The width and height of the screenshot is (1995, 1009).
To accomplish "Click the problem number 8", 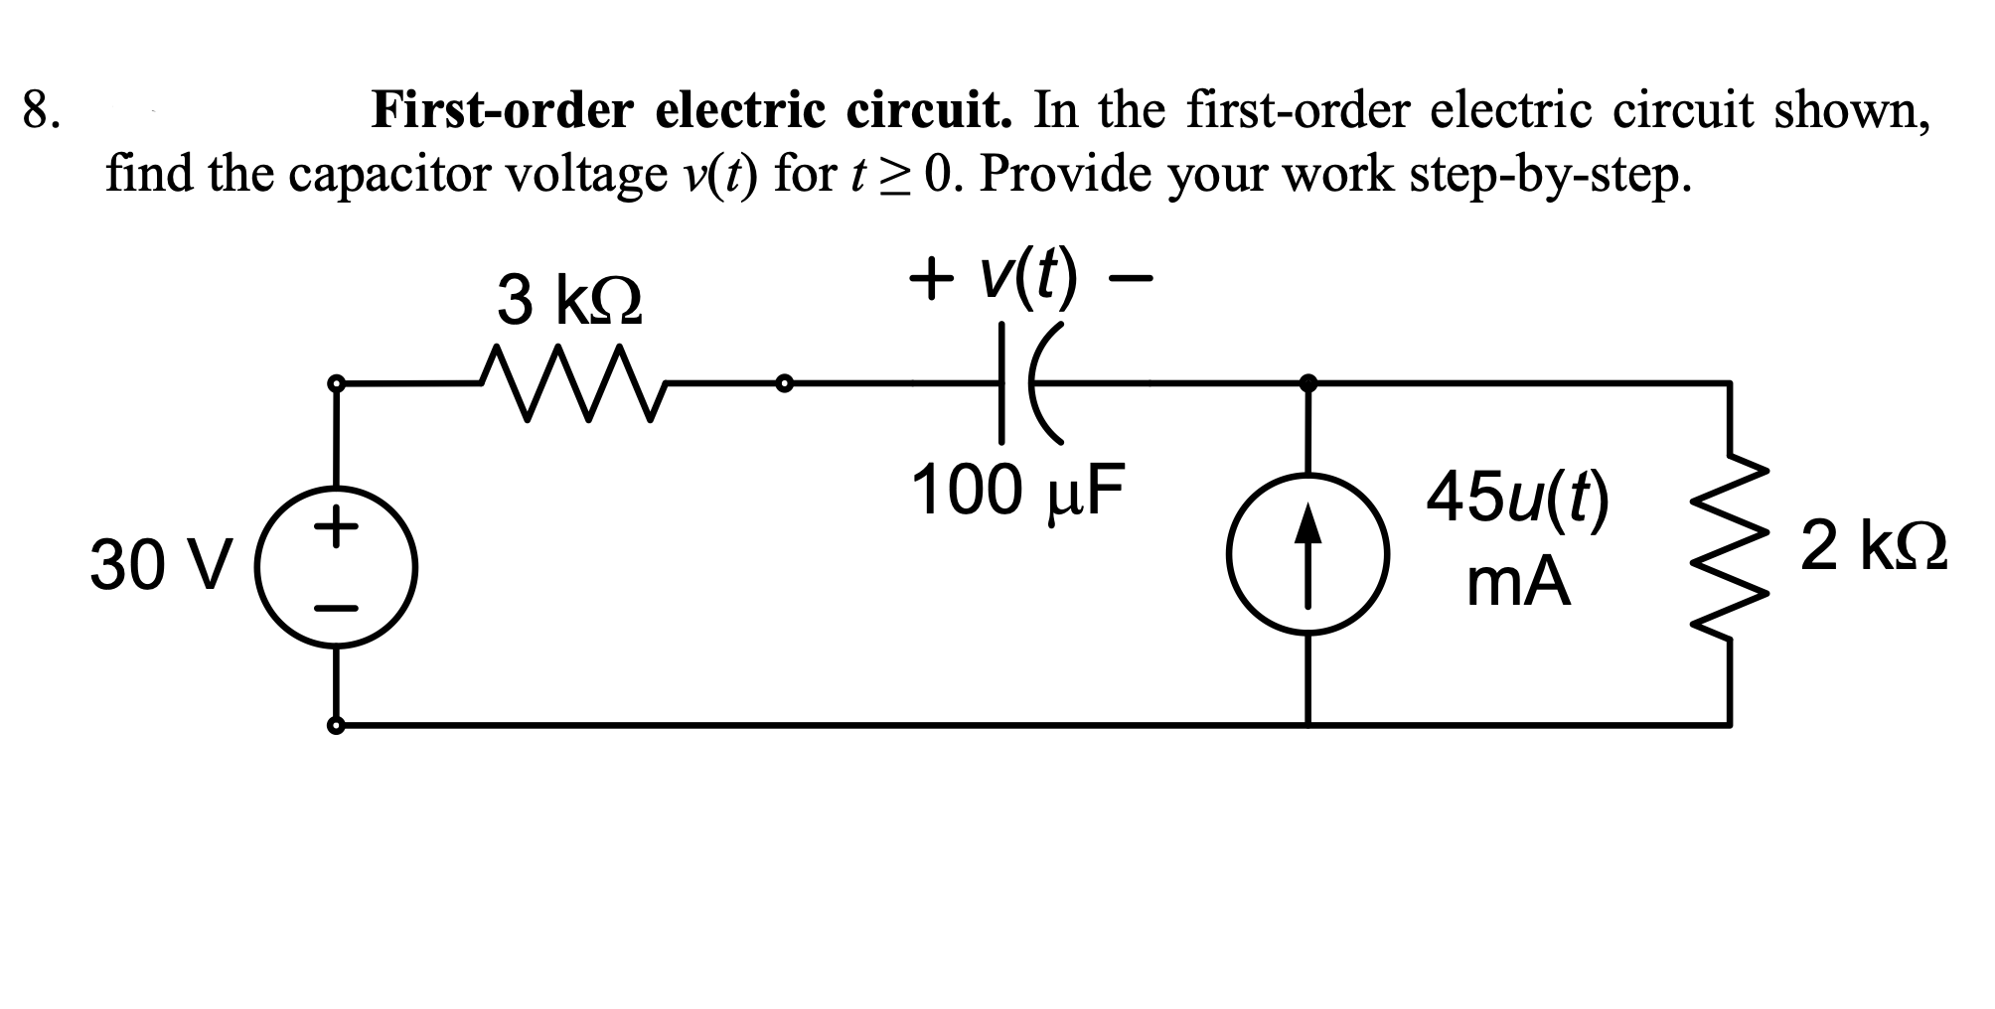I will [40, 110].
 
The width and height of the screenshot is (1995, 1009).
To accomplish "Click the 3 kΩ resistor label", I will [569, 300].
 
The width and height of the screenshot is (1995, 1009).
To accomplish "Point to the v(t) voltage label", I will [1028, 277].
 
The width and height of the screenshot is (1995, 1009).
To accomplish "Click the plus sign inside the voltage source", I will [337, 525].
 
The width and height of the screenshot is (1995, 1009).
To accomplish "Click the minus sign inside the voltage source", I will [337, 608].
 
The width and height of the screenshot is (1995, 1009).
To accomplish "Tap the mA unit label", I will [1517, 585].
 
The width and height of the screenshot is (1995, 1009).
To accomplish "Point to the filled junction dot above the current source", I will [1307, 382].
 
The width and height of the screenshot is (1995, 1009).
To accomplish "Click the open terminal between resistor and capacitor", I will [784, 382].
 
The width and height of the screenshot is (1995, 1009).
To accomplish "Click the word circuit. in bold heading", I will [929, 110].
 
